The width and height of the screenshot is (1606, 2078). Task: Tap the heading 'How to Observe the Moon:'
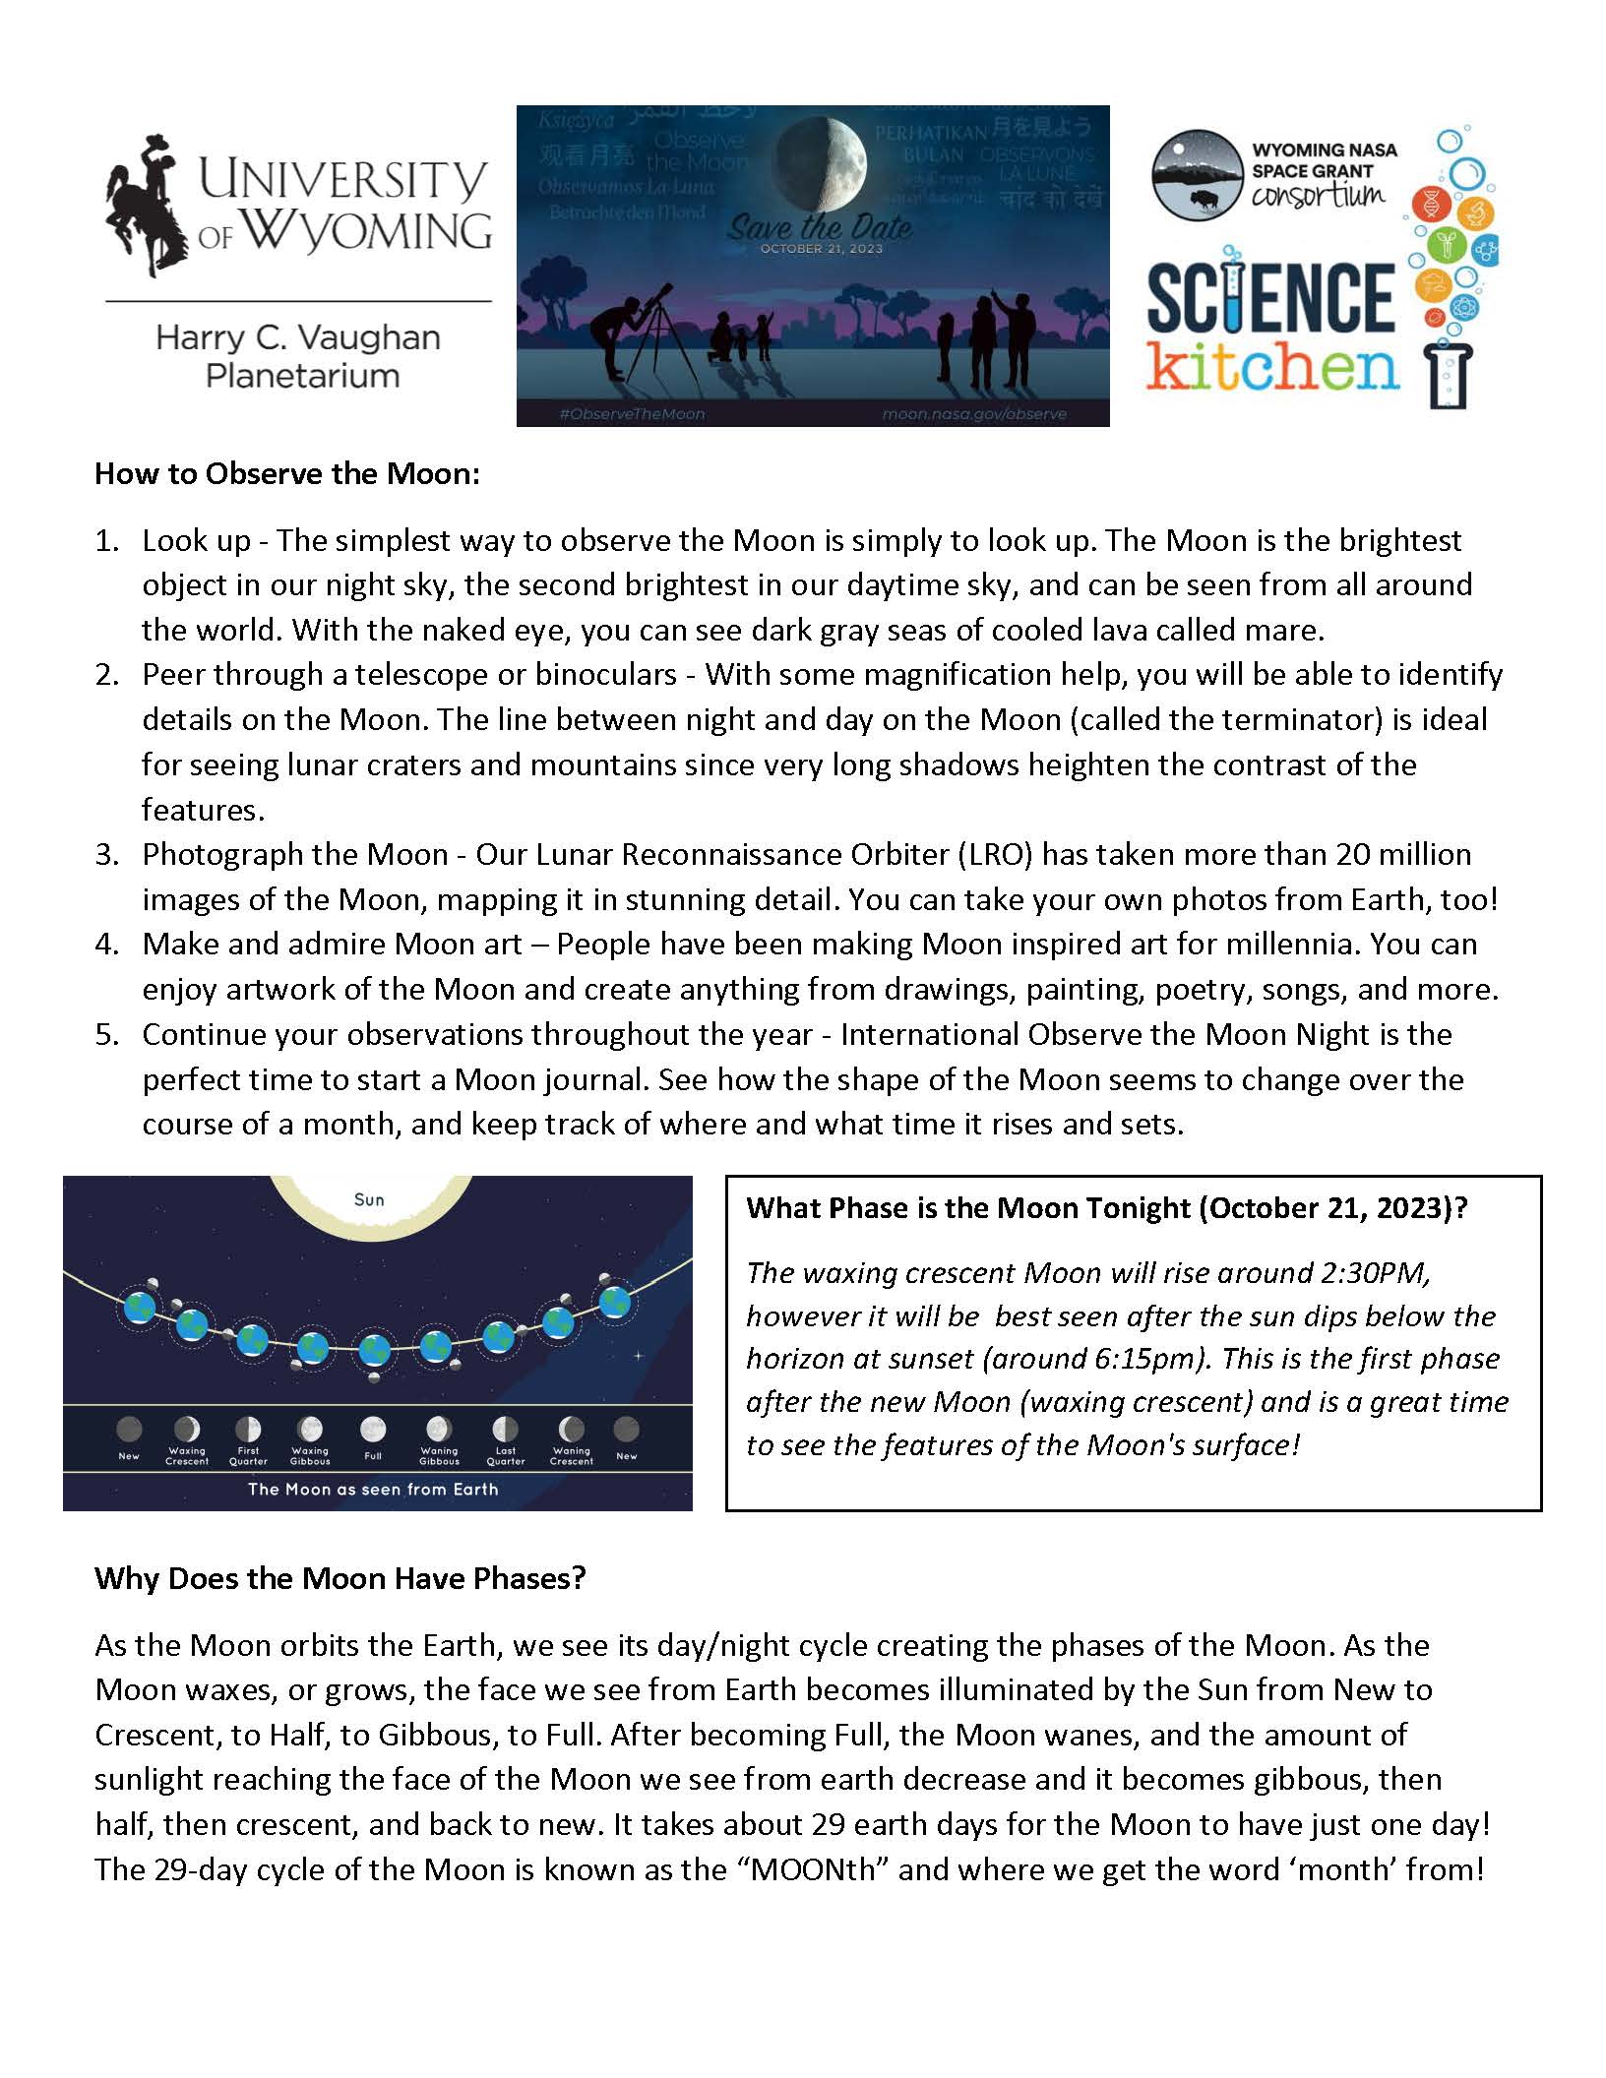point(287,474)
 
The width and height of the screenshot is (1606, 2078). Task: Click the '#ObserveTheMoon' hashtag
point(631,414)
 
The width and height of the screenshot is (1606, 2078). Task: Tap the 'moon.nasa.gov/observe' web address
point(973,414)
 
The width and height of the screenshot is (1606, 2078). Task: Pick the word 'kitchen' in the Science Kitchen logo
point(1273,368)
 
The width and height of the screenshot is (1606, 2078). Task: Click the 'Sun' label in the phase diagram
point(369,1199)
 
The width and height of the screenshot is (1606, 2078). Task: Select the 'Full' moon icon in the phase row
point(373,1428)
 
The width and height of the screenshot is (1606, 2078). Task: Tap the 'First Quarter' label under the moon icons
point(248,1456)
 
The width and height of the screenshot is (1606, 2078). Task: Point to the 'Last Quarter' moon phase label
point(506,1456)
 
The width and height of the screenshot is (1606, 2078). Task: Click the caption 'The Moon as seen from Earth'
point(373,1489)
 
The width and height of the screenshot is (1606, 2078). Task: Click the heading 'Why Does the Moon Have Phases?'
point(340,1578)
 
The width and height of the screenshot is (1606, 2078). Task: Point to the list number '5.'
point(107,1034)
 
